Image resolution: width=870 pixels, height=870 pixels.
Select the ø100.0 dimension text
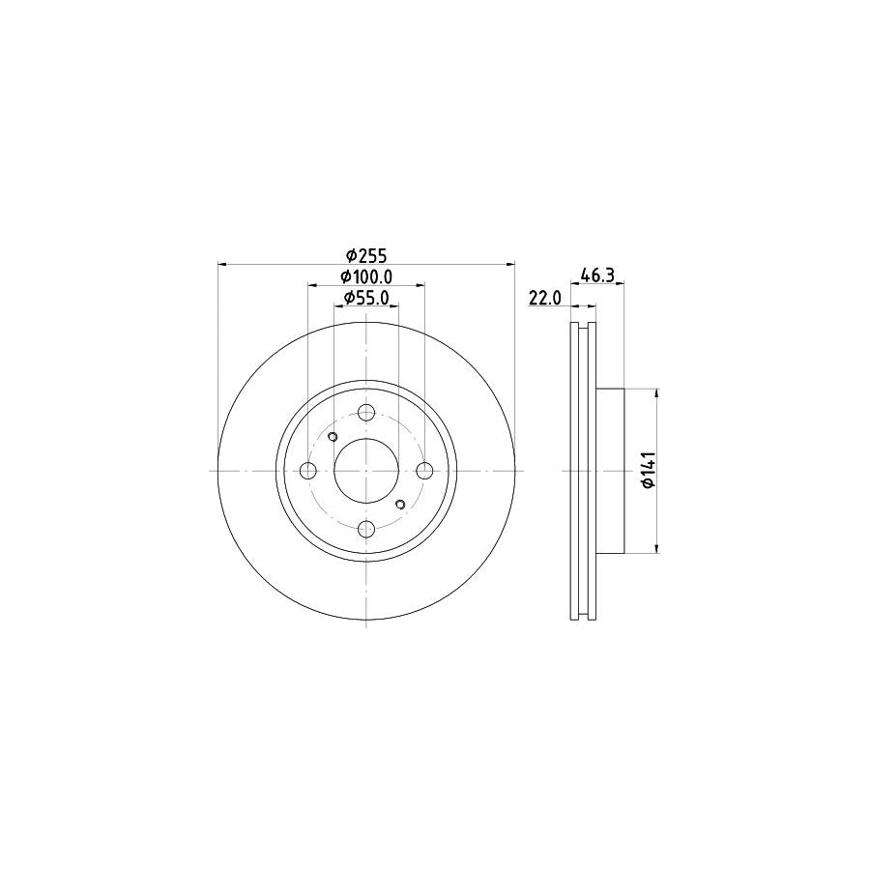coord(366,277)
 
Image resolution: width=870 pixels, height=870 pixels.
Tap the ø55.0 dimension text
coord(366,299)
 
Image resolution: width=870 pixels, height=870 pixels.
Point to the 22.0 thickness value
coord(545,300)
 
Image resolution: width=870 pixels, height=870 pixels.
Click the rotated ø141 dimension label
coord(649,471)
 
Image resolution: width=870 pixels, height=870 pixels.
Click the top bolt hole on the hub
coord(366,413)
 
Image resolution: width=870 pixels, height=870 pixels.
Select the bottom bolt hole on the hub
coord(366,529)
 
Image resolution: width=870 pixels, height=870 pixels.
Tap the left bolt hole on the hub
coord(308,471)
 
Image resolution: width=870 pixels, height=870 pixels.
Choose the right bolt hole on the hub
coord(424,471)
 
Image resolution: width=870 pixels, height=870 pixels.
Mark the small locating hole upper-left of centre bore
coord(333,438)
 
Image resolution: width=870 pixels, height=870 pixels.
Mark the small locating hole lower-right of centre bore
coord(400,504)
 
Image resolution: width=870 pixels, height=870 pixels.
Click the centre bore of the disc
coord(366,471)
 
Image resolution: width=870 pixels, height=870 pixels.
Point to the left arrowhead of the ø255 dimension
coord(222,263)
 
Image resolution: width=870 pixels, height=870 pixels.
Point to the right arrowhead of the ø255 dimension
coord(511,263)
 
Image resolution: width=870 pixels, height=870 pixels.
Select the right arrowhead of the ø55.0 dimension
coord(394,306)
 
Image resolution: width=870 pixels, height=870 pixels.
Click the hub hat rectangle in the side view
coord(611,471)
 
